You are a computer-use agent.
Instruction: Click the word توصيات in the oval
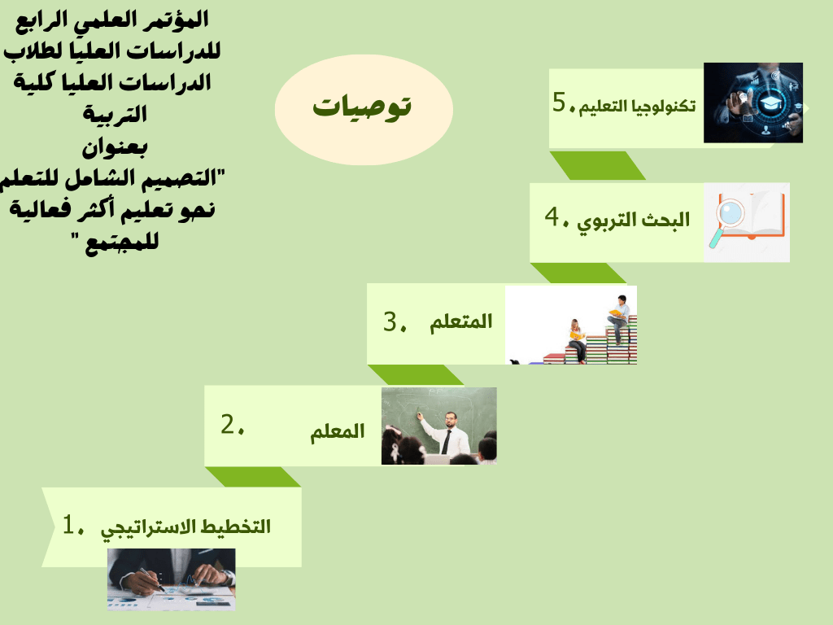[x=362, y=107]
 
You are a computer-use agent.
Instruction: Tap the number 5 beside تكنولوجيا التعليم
[x=560, y=101]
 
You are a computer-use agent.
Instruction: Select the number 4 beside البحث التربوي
[x=552, y=216]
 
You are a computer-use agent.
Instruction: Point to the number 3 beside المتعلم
[x=390, y=321]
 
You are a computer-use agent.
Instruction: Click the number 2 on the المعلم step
[x=228, y=423]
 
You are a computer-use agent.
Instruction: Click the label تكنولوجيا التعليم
[x=637, y=107]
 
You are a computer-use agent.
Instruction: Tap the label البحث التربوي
[x=633, y=221]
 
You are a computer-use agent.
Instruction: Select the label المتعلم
[x=461, y=321]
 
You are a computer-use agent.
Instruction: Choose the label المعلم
[x=338, y=431]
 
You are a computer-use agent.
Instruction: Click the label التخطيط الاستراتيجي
[x=186, y=528]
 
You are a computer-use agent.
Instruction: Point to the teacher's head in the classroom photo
[x=451, y=419]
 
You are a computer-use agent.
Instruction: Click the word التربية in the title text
[x=115, y=114]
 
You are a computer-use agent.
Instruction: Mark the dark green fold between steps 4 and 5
[x=598, y=165]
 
